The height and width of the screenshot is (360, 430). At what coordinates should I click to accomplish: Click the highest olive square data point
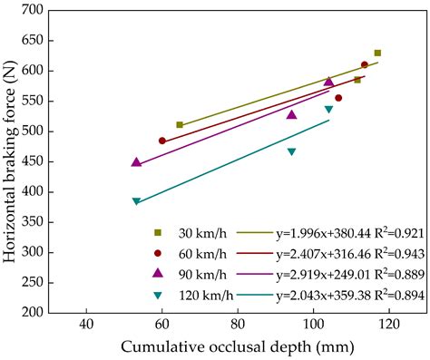[377, 54]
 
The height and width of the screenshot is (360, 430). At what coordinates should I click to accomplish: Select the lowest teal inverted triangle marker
[136, 201]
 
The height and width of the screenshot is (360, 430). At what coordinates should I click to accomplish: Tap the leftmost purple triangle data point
[136, 162]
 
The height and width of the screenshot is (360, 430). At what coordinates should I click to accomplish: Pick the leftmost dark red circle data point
[162, 141]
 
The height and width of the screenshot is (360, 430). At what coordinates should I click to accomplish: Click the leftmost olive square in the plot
[180, 124]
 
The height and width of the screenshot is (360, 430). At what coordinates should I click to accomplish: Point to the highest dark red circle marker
[365, 64]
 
